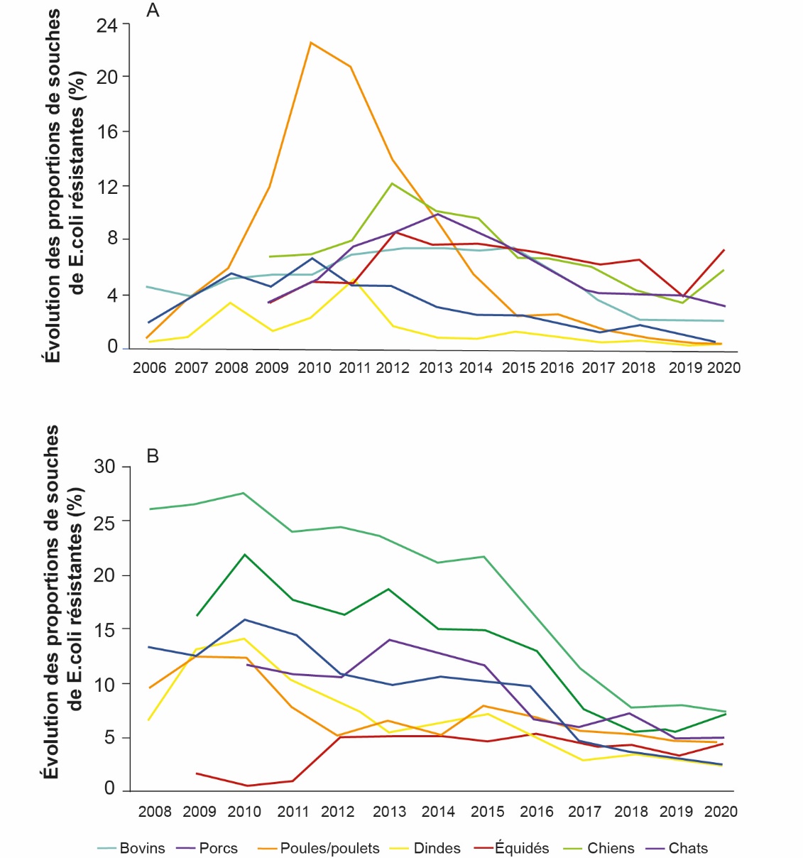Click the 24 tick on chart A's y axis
click(107, 26)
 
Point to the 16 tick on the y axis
click(107, 131)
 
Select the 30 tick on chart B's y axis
click(104, 467)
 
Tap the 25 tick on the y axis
click(104, 521)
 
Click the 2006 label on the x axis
click(149, 367)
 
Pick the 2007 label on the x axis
click(191, 367)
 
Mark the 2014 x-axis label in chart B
click(438, 811)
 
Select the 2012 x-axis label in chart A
click(393, 367)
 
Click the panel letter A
click(152, 11)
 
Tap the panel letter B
click(153, 456)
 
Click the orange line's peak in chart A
click(310, 42)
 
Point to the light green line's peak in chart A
click(392, 183)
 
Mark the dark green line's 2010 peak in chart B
click(245, 554)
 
